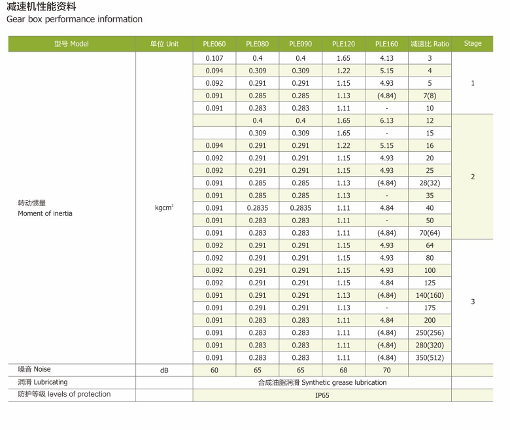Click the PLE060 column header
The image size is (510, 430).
[x=214, y=44]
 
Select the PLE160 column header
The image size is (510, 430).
[x=386, y=44]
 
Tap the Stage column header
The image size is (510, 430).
[x=473, y=44]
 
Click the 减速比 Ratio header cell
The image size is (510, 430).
[x=430, y=44]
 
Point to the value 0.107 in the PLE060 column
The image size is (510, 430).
[x=214, y=58]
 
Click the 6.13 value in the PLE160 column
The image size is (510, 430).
[x=386, y=120]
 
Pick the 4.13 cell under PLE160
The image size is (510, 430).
[x=386, y=58]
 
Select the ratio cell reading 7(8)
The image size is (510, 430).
[x=430, y=96]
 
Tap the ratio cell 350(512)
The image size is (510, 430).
[x=430, y=357]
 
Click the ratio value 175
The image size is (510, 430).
[x=430, y=308]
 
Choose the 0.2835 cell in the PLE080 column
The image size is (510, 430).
[x=258, y=208]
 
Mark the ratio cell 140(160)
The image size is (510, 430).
[x=430, y=295]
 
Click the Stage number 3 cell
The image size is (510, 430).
[x=473, y=302]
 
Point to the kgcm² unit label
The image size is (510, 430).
[x=164, y=208]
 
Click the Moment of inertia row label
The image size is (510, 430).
[x=45, y=213]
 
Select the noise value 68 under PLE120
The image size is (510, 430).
[x=343, y=370]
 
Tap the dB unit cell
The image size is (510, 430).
[x=164, y=370]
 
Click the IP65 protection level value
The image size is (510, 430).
[x=322, y=395]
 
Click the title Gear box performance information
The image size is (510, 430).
[x=75, y=19]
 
